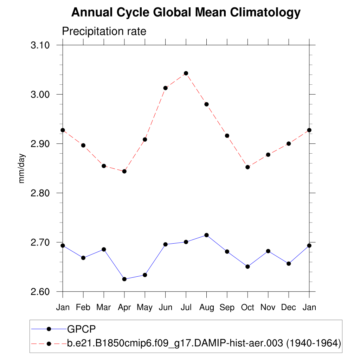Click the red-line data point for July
[x=186, y=73]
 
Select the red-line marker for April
[x=124, y=171]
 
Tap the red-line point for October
[x=247, y=167]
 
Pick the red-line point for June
[x=165, y=88]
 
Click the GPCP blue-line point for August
[x=207, y=235]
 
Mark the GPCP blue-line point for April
[x=124, y=279]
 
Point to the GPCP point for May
[x=145, y=275]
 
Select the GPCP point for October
[x=247, y=266]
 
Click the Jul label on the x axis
[x=186, y=308]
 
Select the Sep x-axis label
[x=227, y=308]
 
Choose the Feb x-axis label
[x=83, y=308]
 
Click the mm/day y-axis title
[x=22, y=168]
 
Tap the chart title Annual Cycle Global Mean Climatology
[x=186, y=13]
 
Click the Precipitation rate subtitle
[x=104, y=31]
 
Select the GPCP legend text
[x=82, y=329]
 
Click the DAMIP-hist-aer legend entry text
[x=204, y=343]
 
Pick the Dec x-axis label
[x=289, y=308]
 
